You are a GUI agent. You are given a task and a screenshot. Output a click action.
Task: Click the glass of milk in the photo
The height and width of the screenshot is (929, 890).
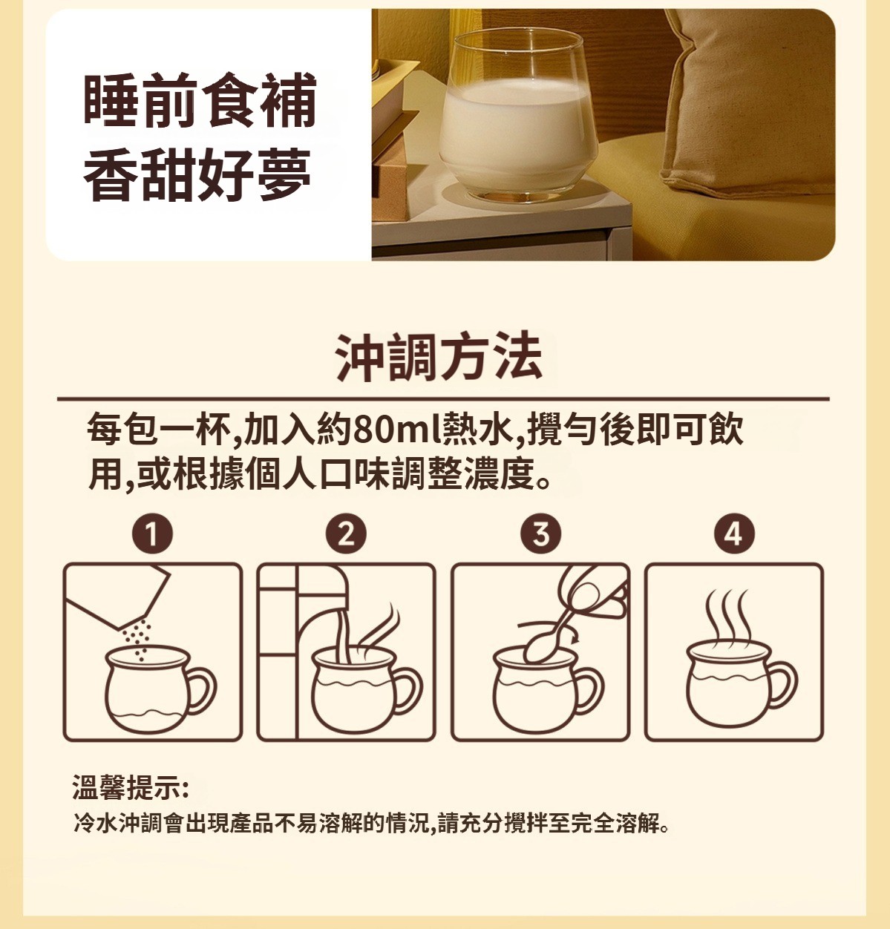(518, 114)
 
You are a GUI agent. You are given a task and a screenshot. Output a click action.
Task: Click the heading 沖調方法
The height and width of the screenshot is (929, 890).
(439, 356)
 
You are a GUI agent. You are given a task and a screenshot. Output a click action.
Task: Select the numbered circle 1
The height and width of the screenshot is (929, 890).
(152, 534)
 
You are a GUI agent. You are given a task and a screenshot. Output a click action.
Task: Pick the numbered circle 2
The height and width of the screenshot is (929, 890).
(346, 534)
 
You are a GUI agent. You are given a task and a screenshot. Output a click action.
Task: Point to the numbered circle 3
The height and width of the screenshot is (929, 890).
(541, 534)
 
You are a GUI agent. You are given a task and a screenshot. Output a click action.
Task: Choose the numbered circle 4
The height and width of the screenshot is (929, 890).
(734, 534)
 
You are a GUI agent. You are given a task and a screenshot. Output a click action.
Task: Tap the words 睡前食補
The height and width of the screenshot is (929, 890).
(200, 99)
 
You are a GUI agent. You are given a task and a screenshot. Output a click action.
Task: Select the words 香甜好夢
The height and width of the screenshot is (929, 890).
(197, 174)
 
